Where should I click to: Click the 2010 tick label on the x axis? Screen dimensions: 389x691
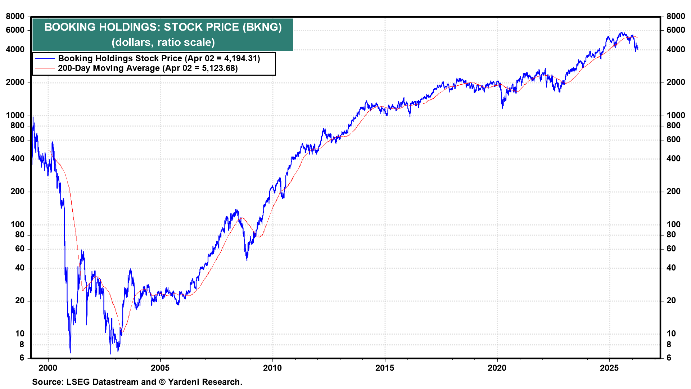(x=272, y=368)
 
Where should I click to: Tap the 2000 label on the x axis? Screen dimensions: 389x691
(x=48, y=368)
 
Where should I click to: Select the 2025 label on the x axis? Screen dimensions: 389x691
(x=609, y=368)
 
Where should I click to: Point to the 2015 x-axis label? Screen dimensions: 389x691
(x=385, y=368)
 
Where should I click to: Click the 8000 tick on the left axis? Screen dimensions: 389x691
(x=15, y=16)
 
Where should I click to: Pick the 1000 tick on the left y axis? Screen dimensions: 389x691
(x=15, y=115)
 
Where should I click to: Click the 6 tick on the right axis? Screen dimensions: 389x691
(x=669, y=358)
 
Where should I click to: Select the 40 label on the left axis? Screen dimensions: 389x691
(x=20, y=268)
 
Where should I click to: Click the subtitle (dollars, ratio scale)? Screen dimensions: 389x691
(x=163, y=43)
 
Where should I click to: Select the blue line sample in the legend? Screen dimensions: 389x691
(x=45, y=59)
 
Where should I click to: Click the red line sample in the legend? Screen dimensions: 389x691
(x=45, y=68)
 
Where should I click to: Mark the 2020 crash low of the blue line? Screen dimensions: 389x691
(x=502, y=108)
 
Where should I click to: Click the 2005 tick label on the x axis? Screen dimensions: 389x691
(x=160, y=368)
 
